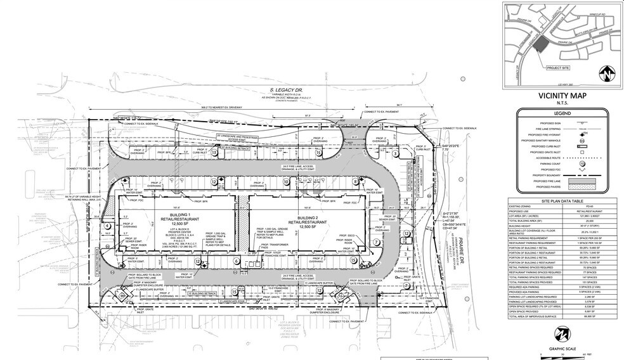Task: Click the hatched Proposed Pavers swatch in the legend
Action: [580, 186]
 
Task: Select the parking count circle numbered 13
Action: [214, 153]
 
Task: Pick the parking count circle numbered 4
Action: [108, 225]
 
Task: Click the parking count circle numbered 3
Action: [394, 153]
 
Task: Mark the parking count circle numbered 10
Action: [286, 183]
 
